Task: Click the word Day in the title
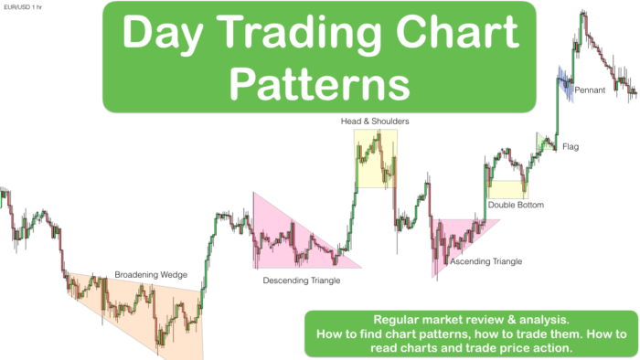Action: (x=160, y=35)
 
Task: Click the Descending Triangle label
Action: (x=301, y=281)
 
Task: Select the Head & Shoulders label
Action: (x=375, y=121)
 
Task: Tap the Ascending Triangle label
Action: (x=485, y=261)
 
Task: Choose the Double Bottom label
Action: (x=515, y=206)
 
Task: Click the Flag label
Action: (x=571, y=146)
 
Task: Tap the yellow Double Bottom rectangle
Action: (x=507, y=189)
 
